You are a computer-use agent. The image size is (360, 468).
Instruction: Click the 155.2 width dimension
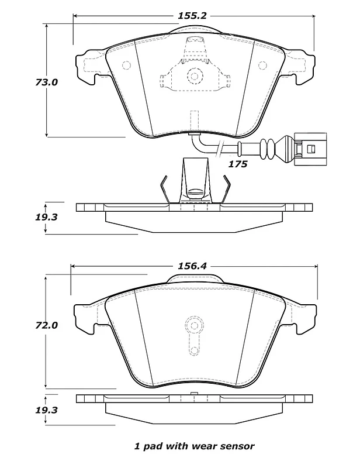(x=192, y=16)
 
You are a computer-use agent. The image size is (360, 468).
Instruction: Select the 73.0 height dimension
(x=46, y=82)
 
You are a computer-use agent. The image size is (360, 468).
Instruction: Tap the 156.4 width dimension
(x=192, y=266)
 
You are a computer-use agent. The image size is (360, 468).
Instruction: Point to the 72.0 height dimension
(x=46, y=325)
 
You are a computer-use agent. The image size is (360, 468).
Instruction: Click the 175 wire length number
(x=238, y=164)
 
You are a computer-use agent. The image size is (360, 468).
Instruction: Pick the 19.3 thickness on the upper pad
(x=46, y=217)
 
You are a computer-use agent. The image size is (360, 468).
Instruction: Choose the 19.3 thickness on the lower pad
(x=46, y=410)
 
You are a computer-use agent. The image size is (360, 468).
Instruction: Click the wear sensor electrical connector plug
(x=310, y=149)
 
